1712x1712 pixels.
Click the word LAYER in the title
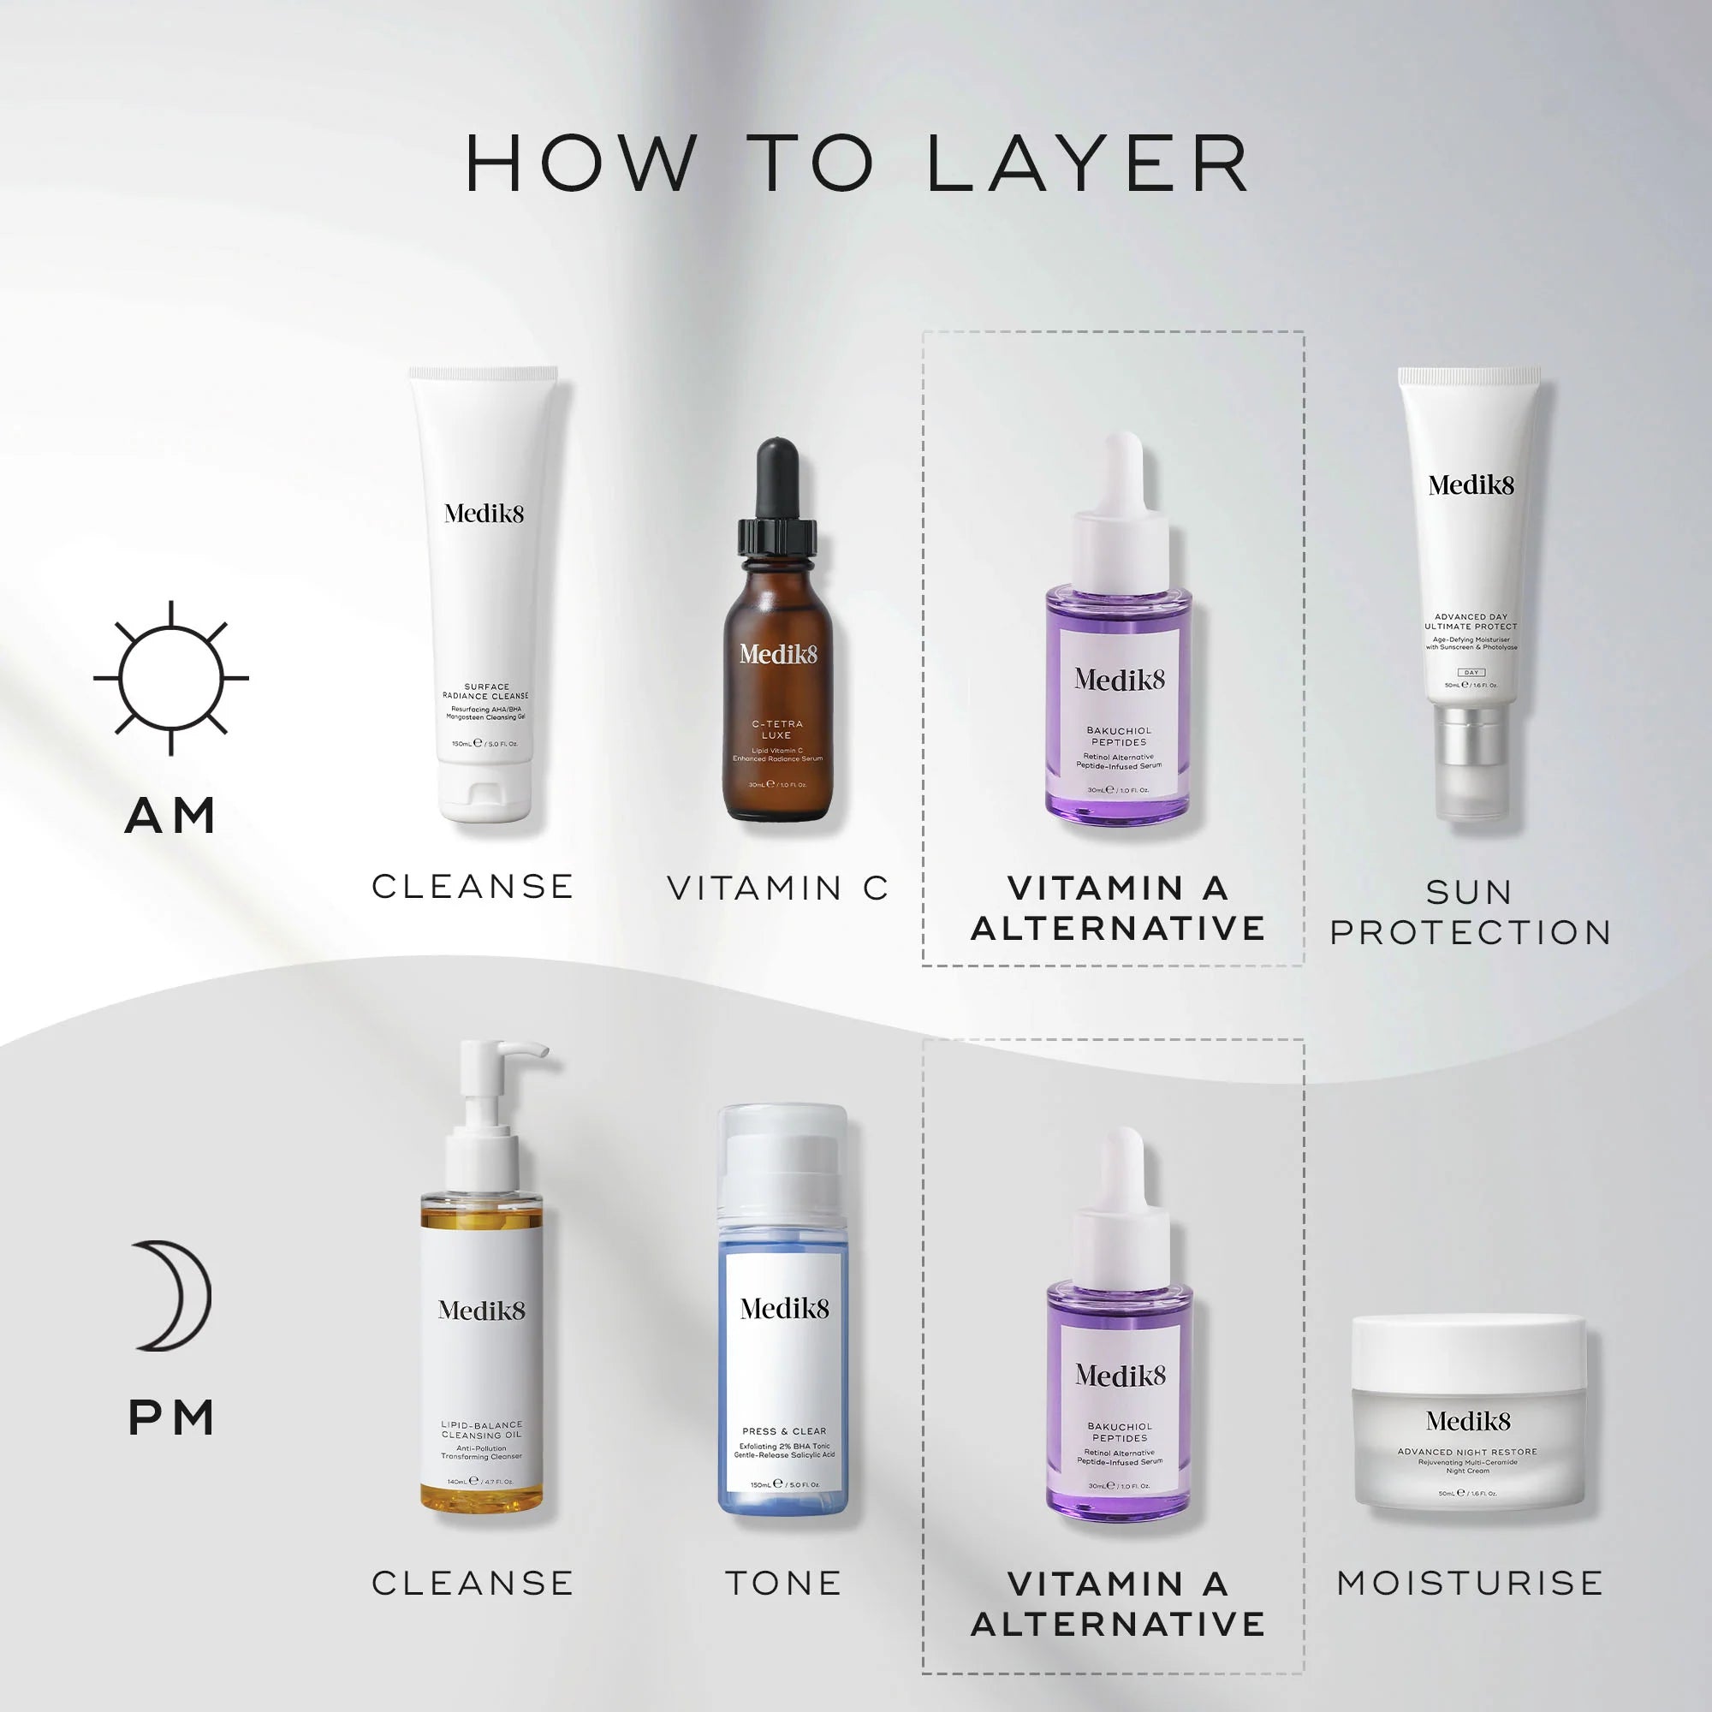click(1088, 165)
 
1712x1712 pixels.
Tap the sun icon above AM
click(171, 678)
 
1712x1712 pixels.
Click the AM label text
click(171, 815)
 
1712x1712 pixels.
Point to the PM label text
click(171, 1418)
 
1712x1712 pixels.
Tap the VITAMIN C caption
click(777, 888)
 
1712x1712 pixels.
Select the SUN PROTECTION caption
click(1469, 912)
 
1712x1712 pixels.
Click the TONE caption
click(783, 1583)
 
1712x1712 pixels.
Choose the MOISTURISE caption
click(1469, 1583)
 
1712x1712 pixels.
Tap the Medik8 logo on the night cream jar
click(1468, 1421)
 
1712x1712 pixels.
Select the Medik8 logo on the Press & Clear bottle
click(784, 1309)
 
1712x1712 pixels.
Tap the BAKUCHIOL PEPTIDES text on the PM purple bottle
click(1119, 1432)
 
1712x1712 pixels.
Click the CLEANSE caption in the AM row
click(473, 886)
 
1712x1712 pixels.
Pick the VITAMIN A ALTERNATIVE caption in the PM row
click(1117, 1603)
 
